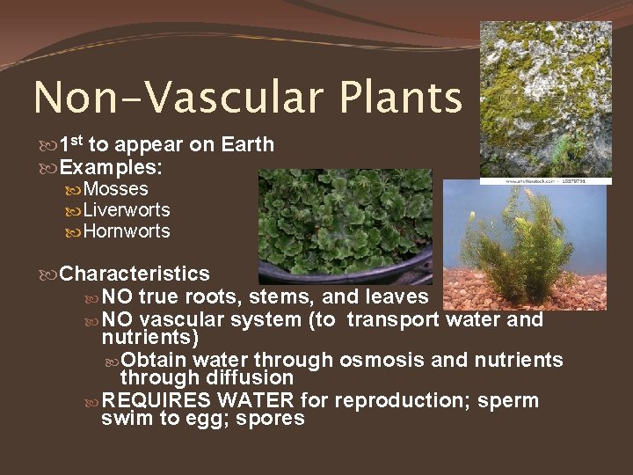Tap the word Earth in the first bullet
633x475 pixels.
coord(247,144)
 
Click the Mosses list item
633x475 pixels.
coord(115,189)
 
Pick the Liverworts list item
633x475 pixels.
coord(127,210)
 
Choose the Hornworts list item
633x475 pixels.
coord(127,231)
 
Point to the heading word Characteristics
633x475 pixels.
coord(135,274)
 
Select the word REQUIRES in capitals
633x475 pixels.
coord(156,401)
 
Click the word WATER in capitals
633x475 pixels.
coord(256,401)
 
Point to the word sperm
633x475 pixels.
coord(508,401)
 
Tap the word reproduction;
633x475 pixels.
coord(400,401)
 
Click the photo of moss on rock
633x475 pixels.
coord(545,97)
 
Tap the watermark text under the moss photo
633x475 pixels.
coord(545,179)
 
